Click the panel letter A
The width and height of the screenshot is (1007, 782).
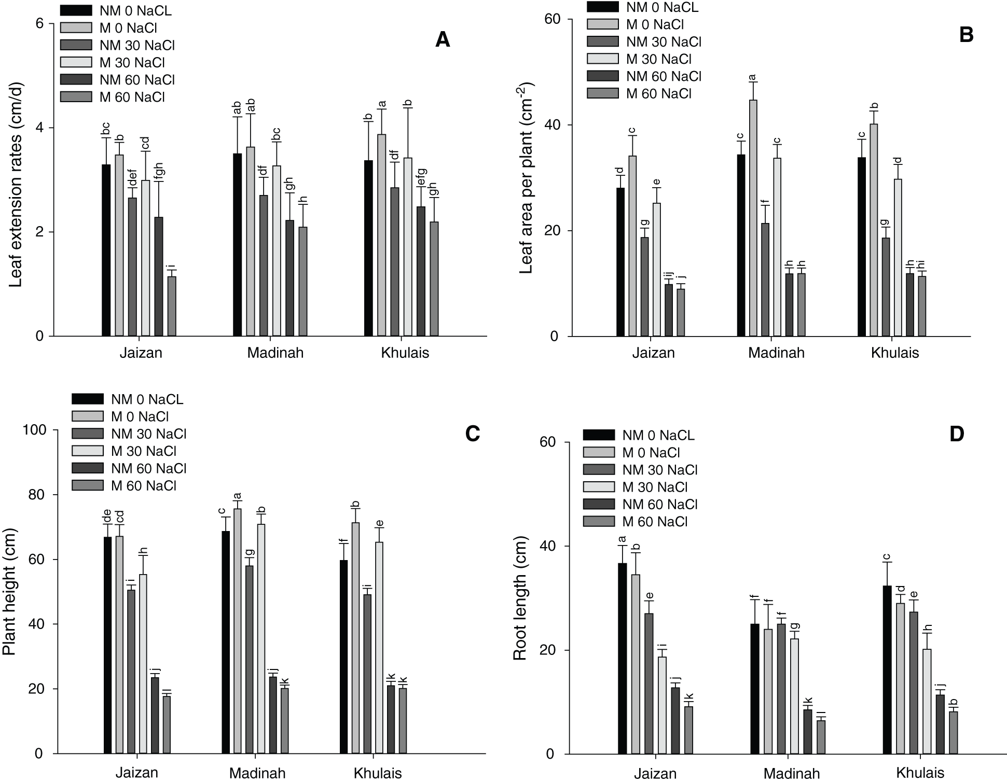[x=442, y=39]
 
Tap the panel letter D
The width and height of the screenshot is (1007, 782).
[x=956, y=434]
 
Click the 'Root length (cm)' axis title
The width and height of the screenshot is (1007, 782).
[x=520, y=597]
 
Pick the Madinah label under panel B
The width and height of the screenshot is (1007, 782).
[x=776, y=353]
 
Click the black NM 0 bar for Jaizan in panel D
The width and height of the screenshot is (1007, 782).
[x=623, y=658]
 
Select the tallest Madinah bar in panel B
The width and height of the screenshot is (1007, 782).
[x=753, y=218]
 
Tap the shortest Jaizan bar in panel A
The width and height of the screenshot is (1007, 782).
[x=172, y=306]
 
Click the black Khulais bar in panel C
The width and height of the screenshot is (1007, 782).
[x=344, y=657]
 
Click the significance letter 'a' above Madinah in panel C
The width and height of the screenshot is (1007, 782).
[x=238, y=496]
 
